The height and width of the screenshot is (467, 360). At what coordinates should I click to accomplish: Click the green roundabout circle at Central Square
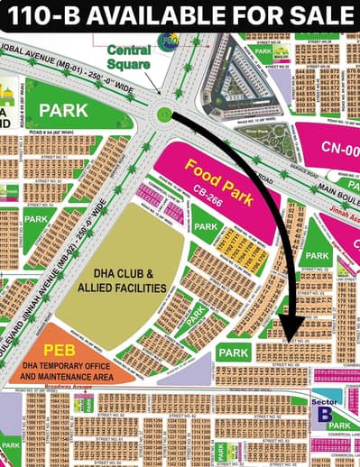(x=163, y=114)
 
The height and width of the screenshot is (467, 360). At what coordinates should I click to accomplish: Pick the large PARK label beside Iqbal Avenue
(x=62, y=110)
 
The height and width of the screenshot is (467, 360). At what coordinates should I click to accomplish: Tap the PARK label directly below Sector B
(x=338, y=426)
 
